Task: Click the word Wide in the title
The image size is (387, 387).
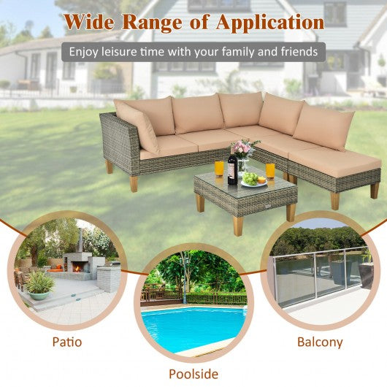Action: [x=89, y=22]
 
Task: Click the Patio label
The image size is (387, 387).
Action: [x=67, y=342]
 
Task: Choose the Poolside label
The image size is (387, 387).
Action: [x=193, y=374]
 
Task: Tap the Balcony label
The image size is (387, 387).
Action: [x=320, y=342]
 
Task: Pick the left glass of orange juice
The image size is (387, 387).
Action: [x=219, y=169]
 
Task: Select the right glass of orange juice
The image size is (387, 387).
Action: [x=270, y=171]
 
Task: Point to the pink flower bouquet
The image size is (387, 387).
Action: [x=243, y=149]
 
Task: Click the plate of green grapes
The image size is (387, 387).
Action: [x=253, y=180]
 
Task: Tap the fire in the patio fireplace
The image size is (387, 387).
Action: [x=77, y=268]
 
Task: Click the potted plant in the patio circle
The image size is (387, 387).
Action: [x=39, y=285]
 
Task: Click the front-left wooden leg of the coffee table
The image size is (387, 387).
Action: [x=200, y=203]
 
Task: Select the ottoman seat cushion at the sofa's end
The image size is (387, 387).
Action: [x=334, y=160]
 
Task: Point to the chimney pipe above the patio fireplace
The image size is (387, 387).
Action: [x=80, y=240]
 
